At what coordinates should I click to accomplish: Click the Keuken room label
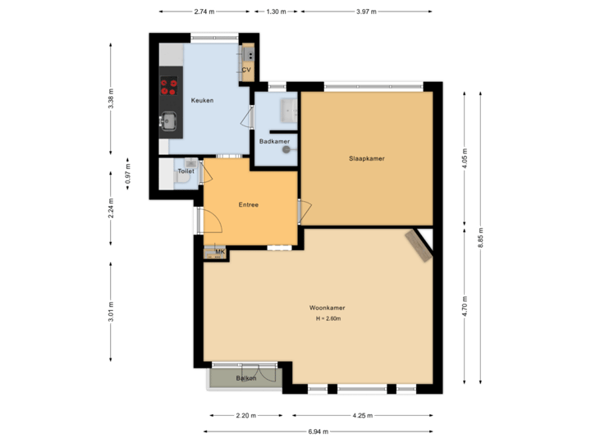(202, 100)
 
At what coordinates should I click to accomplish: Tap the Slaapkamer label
(366, 158)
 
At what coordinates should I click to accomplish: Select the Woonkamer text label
(327, 308)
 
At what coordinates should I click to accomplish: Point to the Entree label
(248, 204)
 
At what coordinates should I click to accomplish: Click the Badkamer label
(273, 142)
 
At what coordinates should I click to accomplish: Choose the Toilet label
(186, 171)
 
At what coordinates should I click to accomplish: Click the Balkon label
(246, 378)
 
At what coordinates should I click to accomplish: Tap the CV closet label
(245, 71)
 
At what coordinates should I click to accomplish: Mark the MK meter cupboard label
(219, 252)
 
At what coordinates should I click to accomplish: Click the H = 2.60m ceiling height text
(327, 318)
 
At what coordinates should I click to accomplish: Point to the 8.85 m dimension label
(480, 238)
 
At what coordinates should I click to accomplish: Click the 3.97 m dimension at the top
(366, 11)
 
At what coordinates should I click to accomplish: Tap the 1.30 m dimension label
(277, 11)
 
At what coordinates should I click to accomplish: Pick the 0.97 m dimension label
(126, 174)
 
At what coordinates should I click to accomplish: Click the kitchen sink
(169, 121)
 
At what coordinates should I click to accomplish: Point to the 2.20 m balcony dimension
(246, 416)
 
